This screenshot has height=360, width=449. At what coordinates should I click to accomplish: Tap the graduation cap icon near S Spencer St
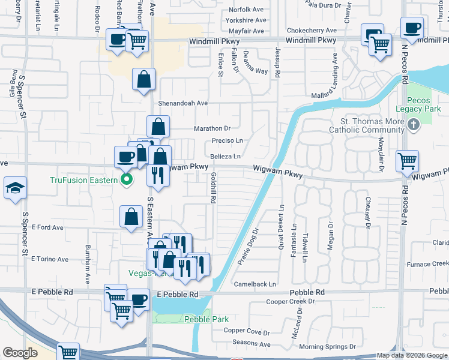14,188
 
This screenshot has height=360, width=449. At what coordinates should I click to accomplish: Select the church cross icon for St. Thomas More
412,125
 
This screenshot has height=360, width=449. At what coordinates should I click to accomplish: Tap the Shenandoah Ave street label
182,103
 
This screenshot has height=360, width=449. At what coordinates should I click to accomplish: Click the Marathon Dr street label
212,128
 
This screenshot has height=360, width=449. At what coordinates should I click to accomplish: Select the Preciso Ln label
227,141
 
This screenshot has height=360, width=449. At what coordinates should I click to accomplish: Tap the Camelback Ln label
255,284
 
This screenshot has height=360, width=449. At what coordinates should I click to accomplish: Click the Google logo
20,352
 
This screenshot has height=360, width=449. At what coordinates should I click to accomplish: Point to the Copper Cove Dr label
247,331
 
